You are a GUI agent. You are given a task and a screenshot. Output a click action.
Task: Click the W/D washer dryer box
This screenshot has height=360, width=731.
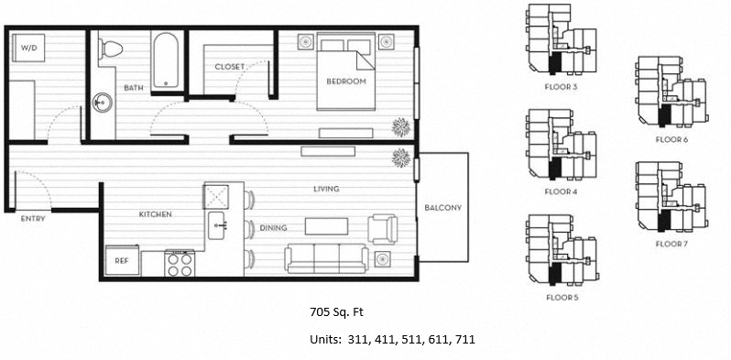[x=28, y=48]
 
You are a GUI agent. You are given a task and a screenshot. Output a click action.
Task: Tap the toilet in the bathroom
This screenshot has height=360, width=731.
[x=110, y=49]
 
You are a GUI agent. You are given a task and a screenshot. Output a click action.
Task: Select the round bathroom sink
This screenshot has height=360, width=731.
[x=102, y=103]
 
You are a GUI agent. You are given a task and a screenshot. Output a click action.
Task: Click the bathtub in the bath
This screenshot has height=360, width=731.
[x=165, y=60]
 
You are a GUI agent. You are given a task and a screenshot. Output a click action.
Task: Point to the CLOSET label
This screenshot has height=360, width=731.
[x=230, y=67]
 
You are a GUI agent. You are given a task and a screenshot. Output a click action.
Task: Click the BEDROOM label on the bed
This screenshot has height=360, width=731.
[x=346, y=82]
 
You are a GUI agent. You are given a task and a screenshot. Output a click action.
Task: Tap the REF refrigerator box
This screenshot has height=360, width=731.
[x=122, y=260]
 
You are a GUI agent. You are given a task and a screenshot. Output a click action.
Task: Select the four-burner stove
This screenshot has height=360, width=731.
[x=180, y=264]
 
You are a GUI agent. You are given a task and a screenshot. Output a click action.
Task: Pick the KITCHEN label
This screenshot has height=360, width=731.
[x=156, y=214]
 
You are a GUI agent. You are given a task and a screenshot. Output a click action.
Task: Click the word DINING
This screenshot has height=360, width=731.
[x=273, y=228]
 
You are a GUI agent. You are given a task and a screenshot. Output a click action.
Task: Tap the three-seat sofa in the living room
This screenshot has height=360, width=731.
[x=326, y=258]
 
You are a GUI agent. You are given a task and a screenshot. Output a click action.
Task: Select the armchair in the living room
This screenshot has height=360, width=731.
[x=383, y=229]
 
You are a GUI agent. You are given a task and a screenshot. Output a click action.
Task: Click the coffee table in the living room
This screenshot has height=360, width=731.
[x=326, y=226]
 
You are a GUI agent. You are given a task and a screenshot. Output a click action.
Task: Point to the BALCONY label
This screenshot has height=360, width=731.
[x=442, y=208]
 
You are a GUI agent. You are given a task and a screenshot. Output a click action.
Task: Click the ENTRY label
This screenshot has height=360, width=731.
[x=33, y=218]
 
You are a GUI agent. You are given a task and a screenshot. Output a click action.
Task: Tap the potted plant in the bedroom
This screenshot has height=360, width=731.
[x=400, y=126]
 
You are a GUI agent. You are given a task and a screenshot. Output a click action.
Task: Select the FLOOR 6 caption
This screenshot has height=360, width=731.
[x=671, y=139]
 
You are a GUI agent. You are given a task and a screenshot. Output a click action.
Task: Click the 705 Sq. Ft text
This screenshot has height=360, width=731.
[x=336, y=312]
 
